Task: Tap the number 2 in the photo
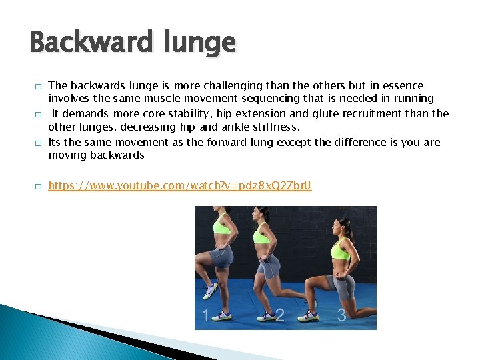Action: point(280,315)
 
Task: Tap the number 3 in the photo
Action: point(341,315)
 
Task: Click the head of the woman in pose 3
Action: point(343,228)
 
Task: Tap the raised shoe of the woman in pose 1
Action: point(211,290)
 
